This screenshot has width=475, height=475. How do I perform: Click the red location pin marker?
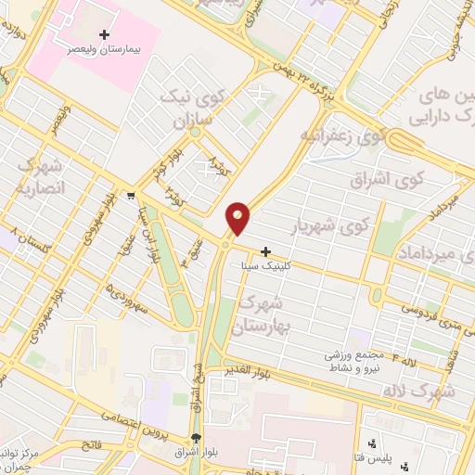point(238,218)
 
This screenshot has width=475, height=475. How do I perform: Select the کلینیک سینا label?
point(267,265)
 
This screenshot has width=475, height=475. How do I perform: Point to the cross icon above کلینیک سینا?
point(266,251)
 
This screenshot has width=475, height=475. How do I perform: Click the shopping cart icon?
point(133,196)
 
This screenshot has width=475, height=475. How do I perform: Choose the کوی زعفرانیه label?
point(327,135)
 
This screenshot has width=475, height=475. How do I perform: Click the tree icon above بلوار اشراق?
point(195,439)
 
